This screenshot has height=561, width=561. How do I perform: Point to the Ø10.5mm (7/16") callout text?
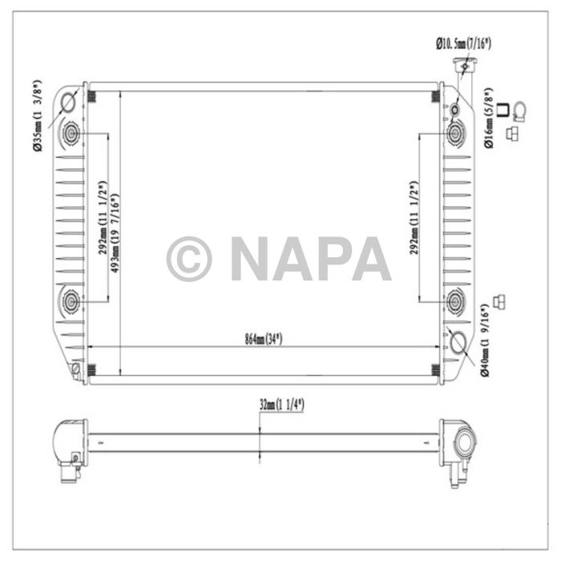point(462,43)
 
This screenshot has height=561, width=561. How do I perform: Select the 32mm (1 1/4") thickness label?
point(282,406)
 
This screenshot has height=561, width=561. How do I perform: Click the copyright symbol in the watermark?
point(189,259)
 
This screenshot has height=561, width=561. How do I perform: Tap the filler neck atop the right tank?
point(462,70)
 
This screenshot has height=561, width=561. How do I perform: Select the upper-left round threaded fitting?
point(71,132)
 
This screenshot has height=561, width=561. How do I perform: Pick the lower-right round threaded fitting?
point(457,301)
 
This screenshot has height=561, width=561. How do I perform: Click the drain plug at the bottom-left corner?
point(75,369)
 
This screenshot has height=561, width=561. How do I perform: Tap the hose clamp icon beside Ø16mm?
point(519,111)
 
